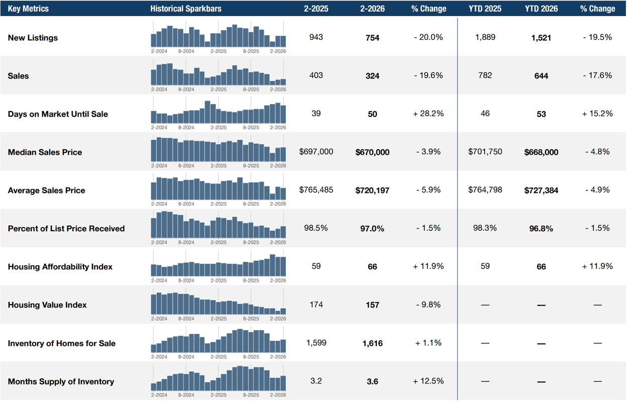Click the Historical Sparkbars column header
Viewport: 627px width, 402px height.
coord(185,9)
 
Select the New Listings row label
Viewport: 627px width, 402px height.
coord(33,38)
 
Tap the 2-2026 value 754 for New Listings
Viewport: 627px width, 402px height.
coord(372,38)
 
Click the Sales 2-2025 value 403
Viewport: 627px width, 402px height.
coord(316,75)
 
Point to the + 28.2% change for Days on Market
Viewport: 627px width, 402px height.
coord(428,114)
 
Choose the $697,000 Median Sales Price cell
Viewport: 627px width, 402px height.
coord(316,151)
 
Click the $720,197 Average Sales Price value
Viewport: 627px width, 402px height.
coord(372,190)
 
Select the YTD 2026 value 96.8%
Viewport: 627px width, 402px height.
coord(541,229)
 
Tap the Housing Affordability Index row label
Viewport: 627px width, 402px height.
coord(60,267)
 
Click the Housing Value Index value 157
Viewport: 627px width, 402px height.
coord(372,305)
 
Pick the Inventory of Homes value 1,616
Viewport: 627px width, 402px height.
coord(372,343)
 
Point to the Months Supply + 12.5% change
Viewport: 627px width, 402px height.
coord(428,381)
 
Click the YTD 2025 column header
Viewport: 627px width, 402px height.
coord(485,9)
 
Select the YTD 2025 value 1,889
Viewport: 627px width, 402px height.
coord(485,37)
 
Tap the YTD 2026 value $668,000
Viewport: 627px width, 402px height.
coord(541,152)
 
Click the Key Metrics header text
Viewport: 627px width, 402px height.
coord(28,9)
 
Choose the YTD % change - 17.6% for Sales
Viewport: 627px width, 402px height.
coord(597,75)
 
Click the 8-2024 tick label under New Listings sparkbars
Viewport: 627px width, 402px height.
coord(186,51)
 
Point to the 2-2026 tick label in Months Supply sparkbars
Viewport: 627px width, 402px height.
coord(278,395)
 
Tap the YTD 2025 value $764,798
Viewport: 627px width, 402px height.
coord(485,189)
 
